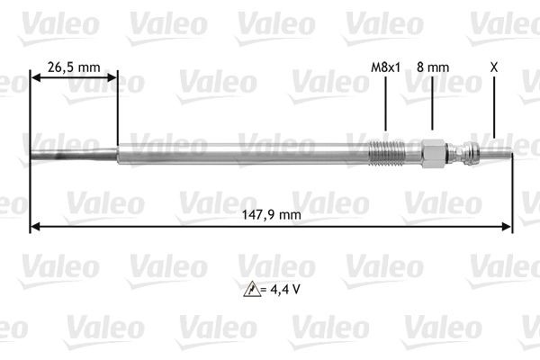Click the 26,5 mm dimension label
coord(74,66)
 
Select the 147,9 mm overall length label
coord(272,214)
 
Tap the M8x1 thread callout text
coord(384,66)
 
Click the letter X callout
coord(492,66)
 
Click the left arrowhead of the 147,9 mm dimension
coord(35,227)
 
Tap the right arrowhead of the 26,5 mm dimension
coord(112,79)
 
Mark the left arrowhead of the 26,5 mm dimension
coord(35,79)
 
